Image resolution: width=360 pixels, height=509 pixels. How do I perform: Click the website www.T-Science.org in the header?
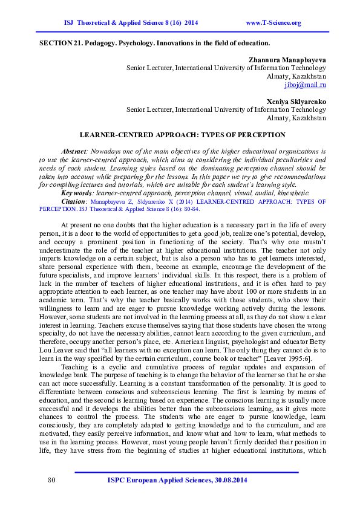(273, 23)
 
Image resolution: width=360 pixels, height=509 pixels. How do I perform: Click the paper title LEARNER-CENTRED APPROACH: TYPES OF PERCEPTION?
(182, 134)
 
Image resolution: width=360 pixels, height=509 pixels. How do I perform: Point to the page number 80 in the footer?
(51, 480)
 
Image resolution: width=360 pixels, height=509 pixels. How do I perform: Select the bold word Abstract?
(74, 150)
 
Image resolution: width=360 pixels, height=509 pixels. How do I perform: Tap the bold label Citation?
(73, 200)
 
